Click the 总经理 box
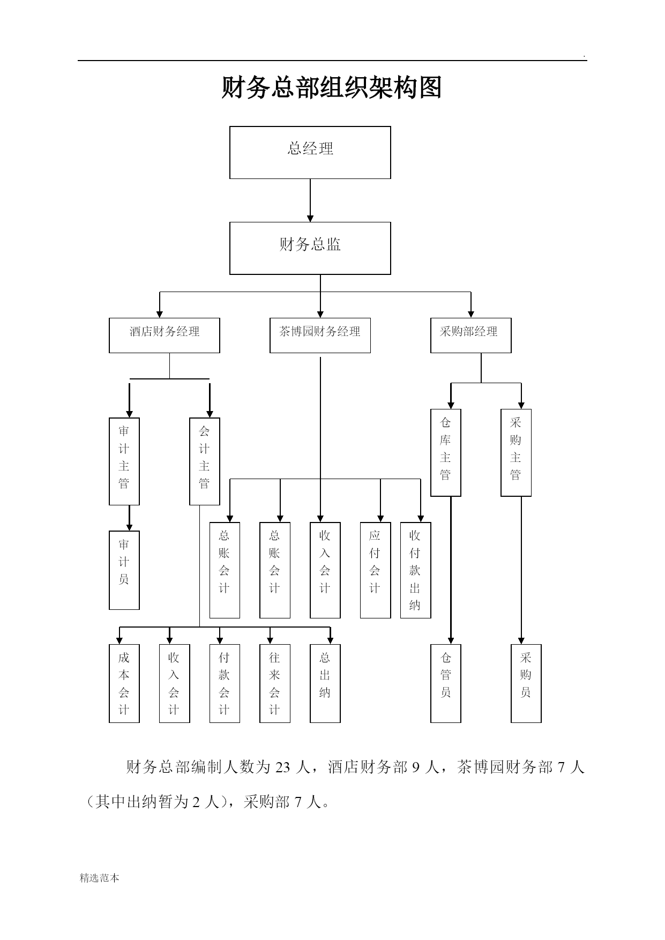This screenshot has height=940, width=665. [x=310, y=153]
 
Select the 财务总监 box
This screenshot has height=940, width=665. [x=310, y=248]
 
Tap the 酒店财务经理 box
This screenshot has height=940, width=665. [x=165, y=335]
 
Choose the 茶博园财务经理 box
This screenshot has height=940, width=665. [x=320, y=335]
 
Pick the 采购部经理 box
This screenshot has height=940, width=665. [x=471, y=335]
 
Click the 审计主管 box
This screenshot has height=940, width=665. [x=124, y=461]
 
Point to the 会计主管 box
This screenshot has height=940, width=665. [x=205, y=461]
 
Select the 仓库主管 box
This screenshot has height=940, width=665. [x=446, y=453]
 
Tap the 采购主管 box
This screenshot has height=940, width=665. [x=516, y=453]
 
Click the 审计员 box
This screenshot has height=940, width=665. [x=124, y=570]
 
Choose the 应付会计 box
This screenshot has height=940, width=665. [x=376, y=570]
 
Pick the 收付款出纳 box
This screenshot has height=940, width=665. [x=416, y=570]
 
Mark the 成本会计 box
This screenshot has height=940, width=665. [x=124, y=683]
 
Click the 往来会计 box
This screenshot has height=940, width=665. [x=275, y=683]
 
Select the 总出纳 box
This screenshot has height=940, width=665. [x=325, y=683]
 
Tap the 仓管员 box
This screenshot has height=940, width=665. [x=446, y=683]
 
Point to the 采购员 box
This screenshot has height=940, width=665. [x=526, y=683]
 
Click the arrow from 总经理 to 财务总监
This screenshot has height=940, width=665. [x=310, y=200]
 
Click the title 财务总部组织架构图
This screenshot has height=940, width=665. [x=332, y=88]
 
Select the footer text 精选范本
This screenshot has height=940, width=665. [x=100, y=878]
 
